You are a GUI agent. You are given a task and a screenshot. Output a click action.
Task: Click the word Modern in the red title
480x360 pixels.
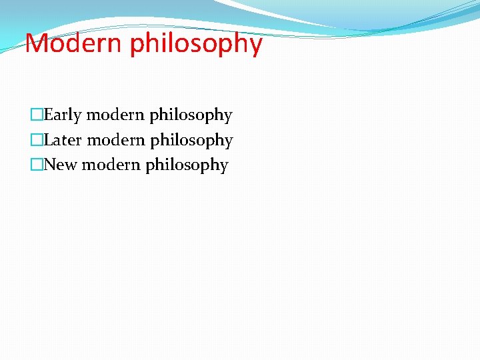click(x=74, y=44)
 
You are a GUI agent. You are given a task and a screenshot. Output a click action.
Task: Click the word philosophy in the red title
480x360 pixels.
click(x=196, y=45)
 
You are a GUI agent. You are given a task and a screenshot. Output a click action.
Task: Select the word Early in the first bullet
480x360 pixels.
click(x=63, y=115)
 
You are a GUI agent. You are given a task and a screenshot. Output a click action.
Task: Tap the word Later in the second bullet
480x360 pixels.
click(x=63, y=140)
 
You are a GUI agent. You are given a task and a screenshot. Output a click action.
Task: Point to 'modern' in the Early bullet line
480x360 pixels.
click(x=115, y=115)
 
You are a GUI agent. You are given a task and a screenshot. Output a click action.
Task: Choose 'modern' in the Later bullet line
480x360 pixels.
click(x=116, y=140)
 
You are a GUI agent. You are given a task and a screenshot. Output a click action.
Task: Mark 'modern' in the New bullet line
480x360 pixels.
click(x=111, y=165)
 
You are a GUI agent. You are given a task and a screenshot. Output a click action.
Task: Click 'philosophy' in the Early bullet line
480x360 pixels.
click(x=191, y=116)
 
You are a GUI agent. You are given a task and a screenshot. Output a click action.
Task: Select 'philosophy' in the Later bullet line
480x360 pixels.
click(x=191, y=141)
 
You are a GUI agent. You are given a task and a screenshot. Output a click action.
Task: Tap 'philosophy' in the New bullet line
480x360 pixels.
click(x=187, y=165)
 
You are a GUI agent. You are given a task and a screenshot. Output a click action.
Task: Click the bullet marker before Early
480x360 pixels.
click(x=37, y=115)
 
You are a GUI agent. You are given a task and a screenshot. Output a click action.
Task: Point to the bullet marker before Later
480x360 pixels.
click(x=37, y=140)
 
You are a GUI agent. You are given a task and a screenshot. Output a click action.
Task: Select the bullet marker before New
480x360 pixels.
click(x=37, y=165)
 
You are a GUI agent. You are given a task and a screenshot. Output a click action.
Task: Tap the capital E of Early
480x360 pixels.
click(x=49, y=115)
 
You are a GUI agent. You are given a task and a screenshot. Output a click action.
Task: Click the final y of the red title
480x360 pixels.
click(x=255, y=47)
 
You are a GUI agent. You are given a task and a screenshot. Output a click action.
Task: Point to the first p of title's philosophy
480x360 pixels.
click(x=137, y=47)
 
